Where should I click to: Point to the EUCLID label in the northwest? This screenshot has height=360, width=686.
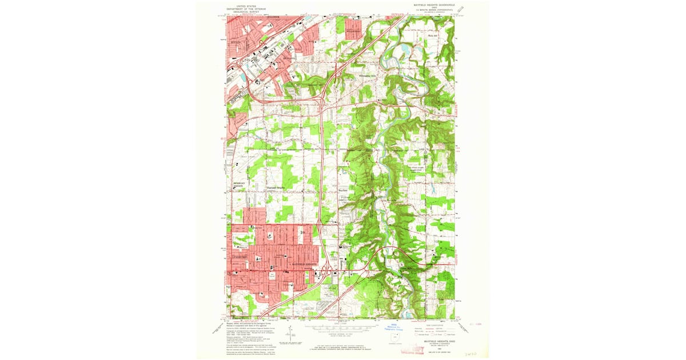[236, 42]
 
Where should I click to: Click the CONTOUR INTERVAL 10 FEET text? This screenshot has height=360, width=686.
[341, 337]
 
